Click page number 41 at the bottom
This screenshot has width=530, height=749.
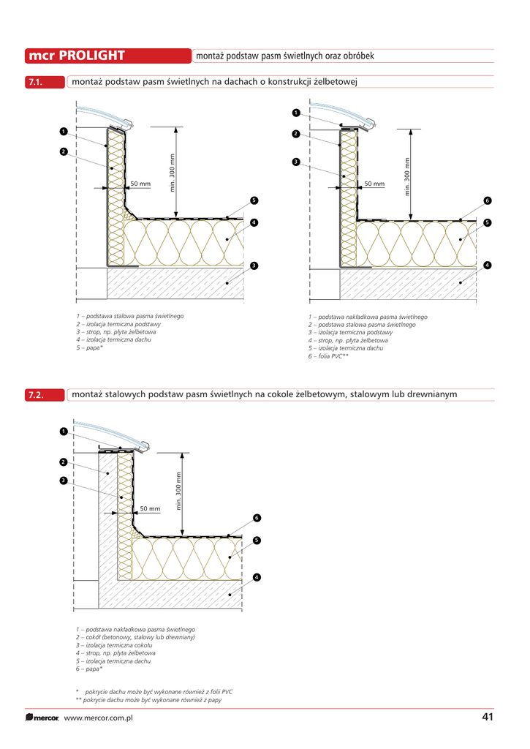[488, 717]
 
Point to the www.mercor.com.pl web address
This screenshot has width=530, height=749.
[98, 718]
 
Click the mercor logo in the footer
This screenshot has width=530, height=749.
[42, 718]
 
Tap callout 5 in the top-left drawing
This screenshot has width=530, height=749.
[253, 200]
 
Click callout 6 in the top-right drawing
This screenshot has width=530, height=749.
[487, 200]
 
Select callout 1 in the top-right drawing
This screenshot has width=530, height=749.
[296, 113]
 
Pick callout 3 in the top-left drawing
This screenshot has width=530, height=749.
[253, 265]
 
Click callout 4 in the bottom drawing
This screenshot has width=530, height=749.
[257, 578]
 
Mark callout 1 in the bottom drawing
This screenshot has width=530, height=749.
[64, 432]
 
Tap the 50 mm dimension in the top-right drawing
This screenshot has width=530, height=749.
[374, 184]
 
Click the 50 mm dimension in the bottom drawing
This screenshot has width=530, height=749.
[150, 508]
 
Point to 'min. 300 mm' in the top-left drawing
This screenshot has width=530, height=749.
[173, 172]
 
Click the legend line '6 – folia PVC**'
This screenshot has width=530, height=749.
[328, 355]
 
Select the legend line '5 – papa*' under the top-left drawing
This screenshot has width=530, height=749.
[90, 347]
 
